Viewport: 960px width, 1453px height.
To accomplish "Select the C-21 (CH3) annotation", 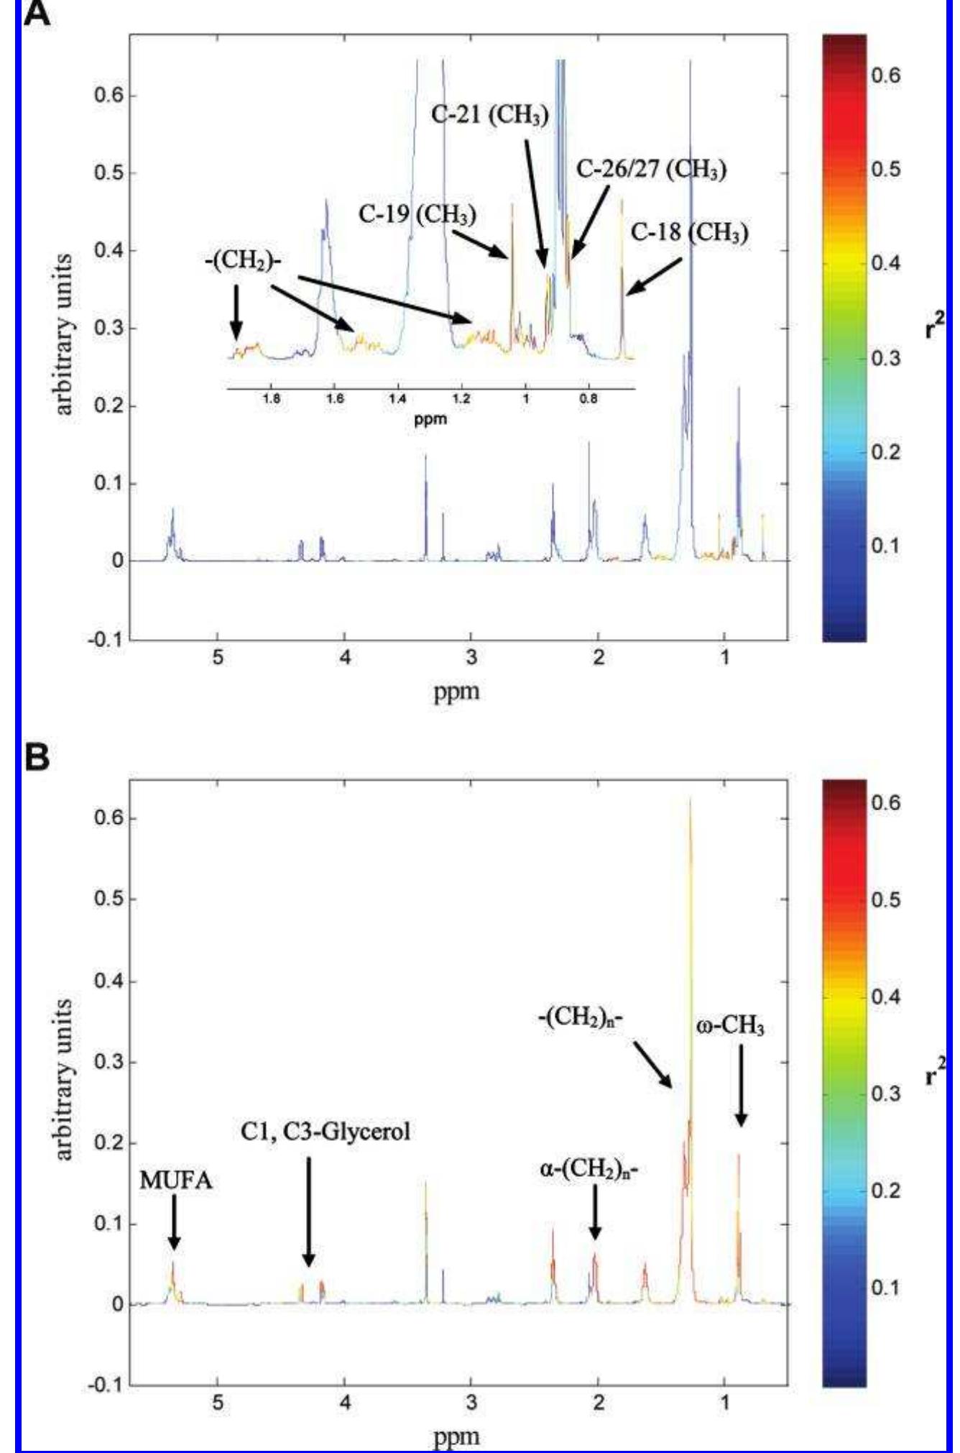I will click(490, 115).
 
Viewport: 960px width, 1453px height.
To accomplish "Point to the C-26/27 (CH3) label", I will click(651, 170).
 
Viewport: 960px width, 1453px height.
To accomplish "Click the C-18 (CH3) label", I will click(689, 232).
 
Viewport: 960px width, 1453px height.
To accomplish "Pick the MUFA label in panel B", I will click(175, 1181).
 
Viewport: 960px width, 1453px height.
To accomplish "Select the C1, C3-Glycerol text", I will click(326, 1132).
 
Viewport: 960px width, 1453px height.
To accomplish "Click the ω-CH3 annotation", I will click(730, 1026).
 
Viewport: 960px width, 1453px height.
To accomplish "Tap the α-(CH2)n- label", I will click(589, 1170).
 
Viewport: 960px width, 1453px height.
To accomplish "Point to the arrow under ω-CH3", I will click(741, 1085).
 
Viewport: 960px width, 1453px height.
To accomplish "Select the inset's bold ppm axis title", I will click(430, 418).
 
